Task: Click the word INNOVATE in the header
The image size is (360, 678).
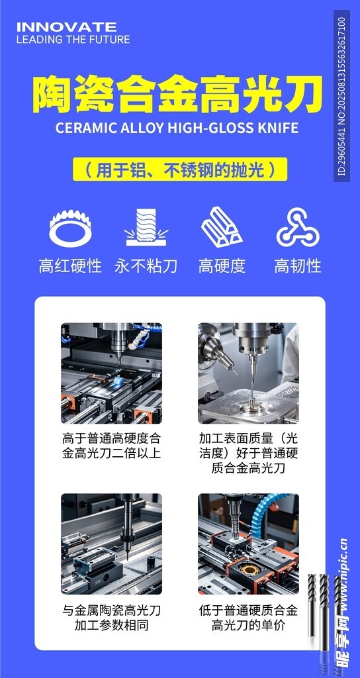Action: (x=66, y=26)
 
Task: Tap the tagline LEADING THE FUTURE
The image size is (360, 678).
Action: (x=73, y=40)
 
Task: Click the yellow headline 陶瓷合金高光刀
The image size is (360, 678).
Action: (x=177, y=95)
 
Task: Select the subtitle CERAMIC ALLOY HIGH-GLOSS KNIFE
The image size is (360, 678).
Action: (x=177, y=128)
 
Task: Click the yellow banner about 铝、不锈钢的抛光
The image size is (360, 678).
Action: (x=180, y=169)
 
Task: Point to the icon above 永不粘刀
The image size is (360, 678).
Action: (x=146, y=228)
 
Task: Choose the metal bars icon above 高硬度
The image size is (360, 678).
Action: (x=222, y=228)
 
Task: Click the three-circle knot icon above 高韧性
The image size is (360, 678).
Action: (x=298, y=228)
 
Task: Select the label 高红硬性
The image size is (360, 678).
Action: (x=70, y=266)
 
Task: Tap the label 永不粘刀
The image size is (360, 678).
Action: (x=146, y=266)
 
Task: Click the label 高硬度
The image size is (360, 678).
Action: (x=222, y=266)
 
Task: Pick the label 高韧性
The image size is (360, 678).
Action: (x=298, y=266)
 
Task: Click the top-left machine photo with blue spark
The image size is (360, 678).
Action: (x=111, y=373)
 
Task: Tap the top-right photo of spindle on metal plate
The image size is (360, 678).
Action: (x=248, y=373)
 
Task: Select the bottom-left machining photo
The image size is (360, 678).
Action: (x=111, y=544)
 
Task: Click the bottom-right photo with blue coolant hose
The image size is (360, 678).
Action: (x=248, y=544)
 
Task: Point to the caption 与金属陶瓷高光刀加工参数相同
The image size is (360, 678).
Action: (x=111, y=617)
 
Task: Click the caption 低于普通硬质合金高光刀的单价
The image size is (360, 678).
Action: (x=248, y=617)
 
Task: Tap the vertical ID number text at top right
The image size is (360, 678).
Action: (x=341, y=96)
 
